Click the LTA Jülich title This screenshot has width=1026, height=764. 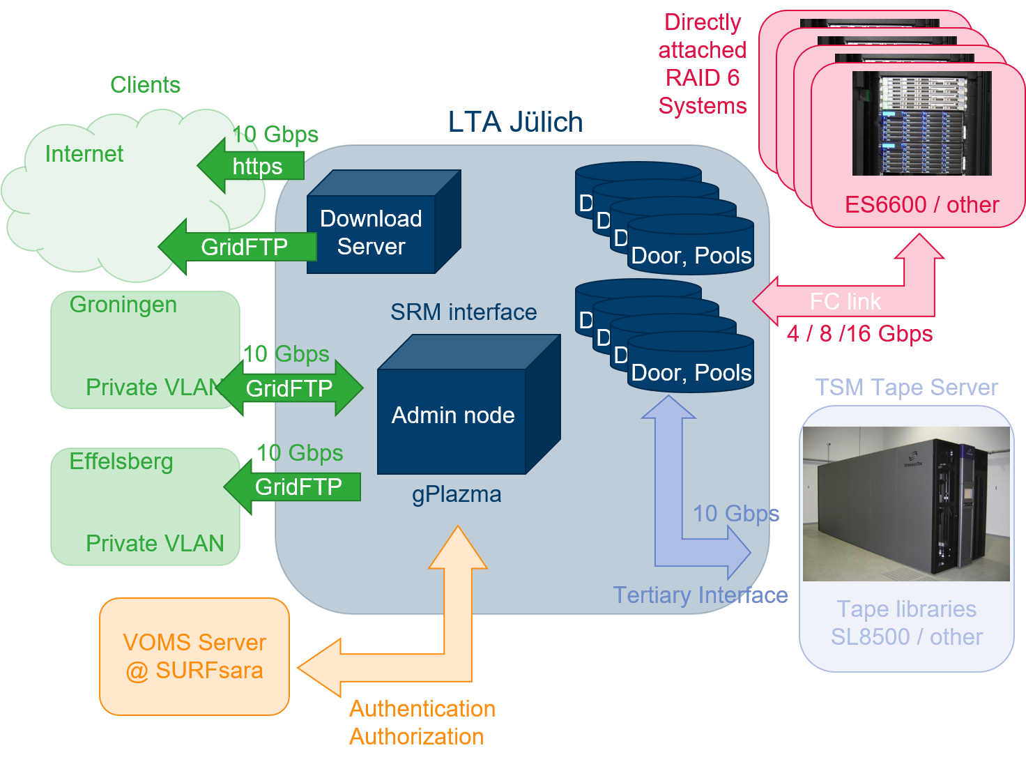515,122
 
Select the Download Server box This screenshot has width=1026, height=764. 371,233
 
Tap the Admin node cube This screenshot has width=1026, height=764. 452,415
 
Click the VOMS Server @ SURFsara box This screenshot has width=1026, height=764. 194,657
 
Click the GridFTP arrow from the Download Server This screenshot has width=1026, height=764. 240,247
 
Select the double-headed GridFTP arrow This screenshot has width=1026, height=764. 289,388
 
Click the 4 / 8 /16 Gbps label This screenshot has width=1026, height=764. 859,334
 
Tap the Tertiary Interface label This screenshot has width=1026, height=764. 700,595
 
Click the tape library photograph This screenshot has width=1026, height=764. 906,503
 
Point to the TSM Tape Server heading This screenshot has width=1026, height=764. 906,388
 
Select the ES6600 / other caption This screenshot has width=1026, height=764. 921,205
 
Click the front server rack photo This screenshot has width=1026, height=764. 921,123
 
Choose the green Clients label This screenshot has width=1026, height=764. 145,85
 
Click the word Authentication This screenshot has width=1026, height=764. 422,709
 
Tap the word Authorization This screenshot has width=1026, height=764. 417,737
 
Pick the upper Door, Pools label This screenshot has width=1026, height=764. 691,256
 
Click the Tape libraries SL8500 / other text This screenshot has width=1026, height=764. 906,623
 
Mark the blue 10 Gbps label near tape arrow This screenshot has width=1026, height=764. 735,514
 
